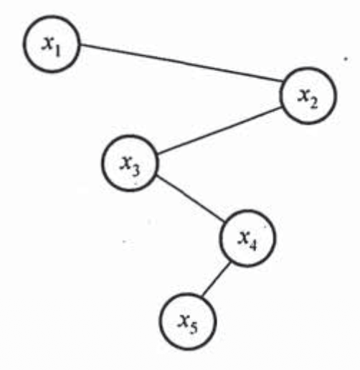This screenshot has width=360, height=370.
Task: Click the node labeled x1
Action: pyautogui.click(x=52, y=44)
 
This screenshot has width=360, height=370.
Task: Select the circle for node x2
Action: pyautogui.click(x=308, y=95)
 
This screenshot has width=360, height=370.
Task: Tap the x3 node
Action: pyautogui.click(x=130, y=163)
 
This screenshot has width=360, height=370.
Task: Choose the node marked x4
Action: pyautogui.click(x=247, y=238)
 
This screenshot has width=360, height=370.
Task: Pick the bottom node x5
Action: pyautogui.click(x=188, y=321)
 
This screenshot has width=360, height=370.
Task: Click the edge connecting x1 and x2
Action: pyautogui.click(x=181, y=63)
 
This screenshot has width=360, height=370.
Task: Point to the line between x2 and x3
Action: pyautogui.click(x=219, y=130)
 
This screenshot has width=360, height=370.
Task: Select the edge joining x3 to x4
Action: pyautogui.click(x=191, y=199)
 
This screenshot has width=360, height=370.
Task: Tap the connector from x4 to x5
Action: pyautogui.click(x=217, y=279)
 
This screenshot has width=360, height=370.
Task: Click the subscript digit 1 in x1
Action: pyautogui.click(x=57, y=50)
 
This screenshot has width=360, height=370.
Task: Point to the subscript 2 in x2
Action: pyautogui.click(x=314, y=103)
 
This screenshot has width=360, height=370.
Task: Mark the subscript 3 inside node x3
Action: pyautogui.click(x=136, y=170)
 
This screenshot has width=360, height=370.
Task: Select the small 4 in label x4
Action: pyautogui.click(x=253, y=245)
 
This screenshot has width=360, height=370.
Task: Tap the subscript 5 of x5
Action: pyautogui.click(x=194, y=328)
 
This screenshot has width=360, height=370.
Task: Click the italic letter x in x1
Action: pyautogui.click(x=47, y=43)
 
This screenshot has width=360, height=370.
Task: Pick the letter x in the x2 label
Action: pyautogui.click(x=303, y=95)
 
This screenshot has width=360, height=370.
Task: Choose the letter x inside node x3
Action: pyautogui.click(x=125, y=163)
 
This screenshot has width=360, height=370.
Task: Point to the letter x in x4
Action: pyautogui.click(x=243, y=237)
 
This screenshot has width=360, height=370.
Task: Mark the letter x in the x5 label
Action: pyautogui.click(x=184, y=321)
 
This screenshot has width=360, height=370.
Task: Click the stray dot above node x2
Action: pyautogui.click(x=345, y=59)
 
